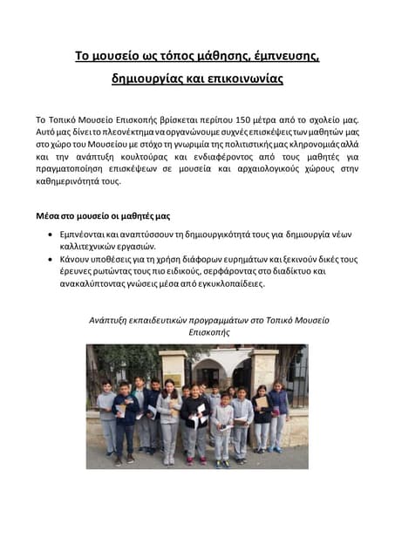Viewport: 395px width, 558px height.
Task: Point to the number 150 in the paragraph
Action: (246, 119)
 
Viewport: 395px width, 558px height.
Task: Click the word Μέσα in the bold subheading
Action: (48, 214)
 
